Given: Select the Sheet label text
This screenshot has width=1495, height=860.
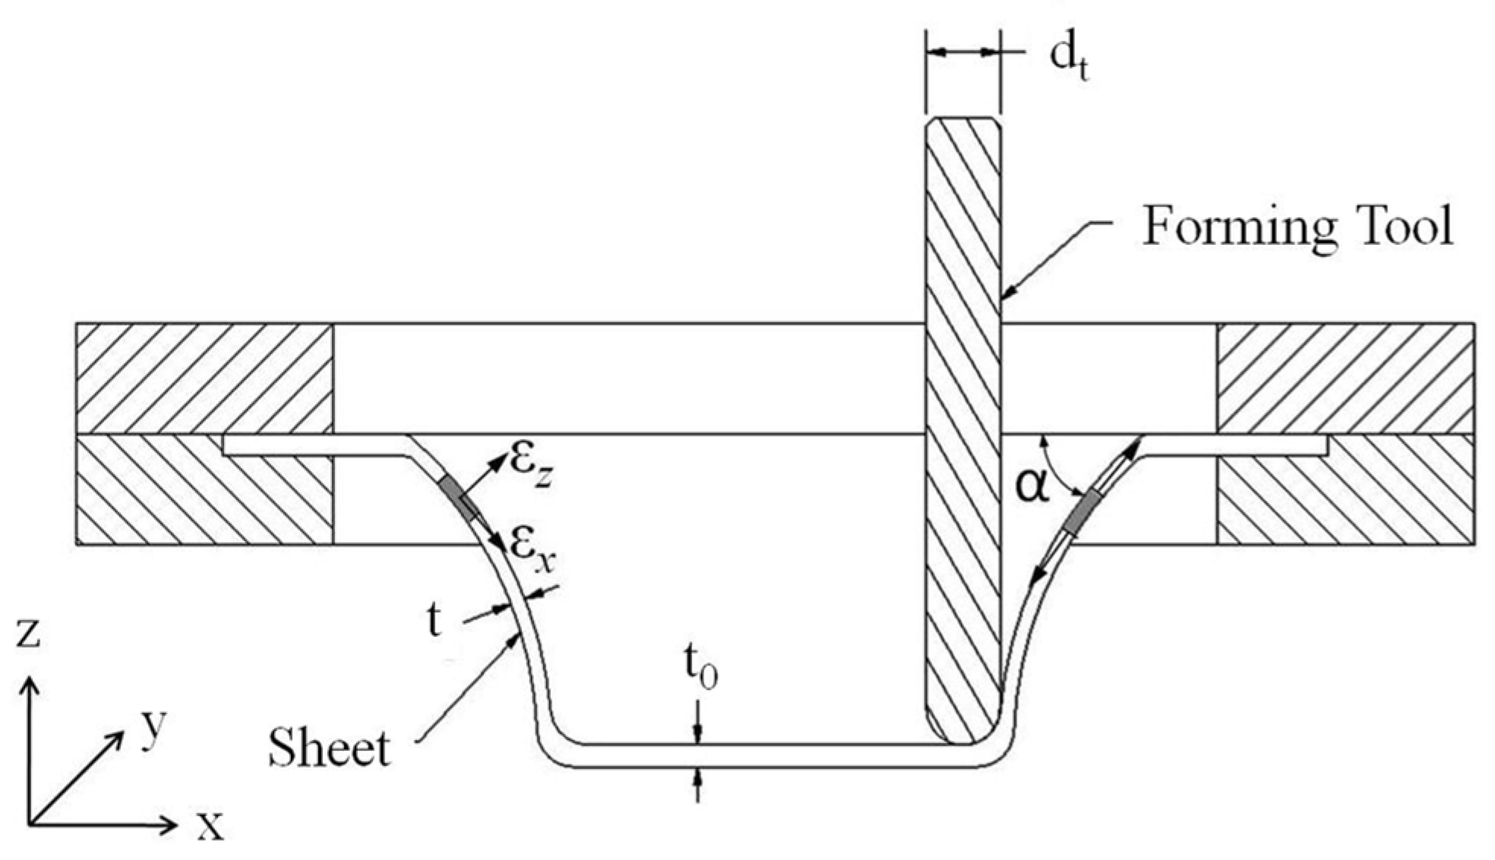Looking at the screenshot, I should tap(329, 748).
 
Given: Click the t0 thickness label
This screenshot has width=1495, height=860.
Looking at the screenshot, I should tap(699, 669).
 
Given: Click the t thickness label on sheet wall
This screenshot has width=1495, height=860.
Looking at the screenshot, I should tap(434, 621).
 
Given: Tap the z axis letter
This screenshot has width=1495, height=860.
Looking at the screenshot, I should tap(28, 633).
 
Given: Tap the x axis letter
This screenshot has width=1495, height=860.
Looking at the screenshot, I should tap(210, 826).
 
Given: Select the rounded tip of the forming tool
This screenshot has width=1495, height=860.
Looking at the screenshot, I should tap(962, 726).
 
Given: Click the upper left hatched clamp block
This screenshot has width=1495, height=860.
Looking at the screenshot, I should tap(203, 378).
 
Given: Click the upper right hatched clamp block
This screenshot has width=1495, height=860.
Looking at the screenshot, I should tap(1345, 378).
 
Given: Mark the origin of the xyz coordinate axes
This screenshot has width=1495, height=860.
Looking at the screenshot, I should tap(30, 824).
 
